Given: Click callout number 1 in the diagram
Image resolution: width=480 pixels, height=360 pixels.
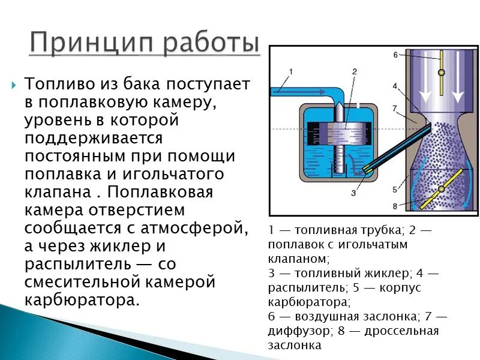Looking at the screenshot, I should [x=291, y=71].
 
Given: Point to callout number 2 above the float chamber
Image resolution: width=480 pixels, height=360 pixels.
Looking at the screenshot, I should [x=355, y=71].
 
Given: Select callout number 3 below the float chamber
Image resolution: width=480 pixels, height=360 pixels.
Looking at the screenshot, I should [x=353, y=193].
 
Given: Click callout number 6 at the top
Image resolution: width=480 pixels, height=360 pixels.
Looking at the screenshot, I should [x=395, y=55].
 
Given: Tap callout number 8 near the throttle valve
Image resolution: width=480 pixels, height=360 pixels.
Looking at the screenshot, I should [x=395, y=206].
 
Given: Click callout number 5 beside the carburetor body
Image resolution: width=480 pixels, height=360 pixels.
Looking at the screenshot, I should [x=395, y=189].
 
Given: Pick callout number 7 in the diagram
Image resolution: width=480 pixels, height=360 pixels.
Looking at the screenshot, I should [x=395, y=108].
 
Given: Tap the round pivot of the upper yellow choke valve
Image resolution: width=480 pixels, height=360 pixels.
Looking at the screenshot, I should [x=442, y=73].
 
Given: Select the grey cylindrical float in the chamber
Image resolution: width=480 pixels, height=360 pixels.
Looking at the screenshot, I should [x=340, y=131].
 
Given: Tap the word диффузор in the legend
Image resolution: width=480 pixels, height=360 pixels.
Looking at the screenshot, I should [x=293, y=331].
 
